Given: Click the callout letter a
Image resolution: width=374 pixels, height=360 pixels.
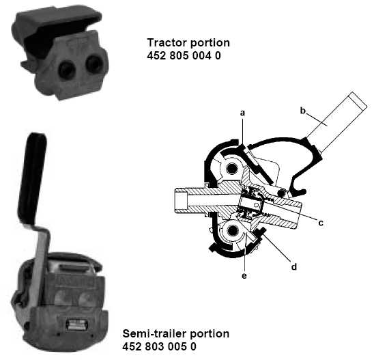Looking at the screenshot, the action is (x=242, y=113).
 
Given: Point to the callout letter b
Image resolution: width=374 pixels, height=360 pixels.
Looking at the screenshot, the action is (x=303, y=111).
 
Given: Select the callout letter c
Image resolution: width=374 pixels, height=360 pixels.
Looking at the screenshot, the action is (x=321, y=223).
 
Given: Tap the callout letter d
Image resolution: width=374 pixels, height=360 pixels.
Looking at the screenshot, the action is (x=294, y=266).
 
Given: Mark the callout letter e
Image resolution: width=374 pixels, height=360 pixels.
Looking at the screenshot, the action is (x=244, y=276).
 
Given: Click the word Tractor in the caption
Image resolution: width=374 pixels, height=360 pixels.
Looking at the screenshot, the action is (x=167, y=43).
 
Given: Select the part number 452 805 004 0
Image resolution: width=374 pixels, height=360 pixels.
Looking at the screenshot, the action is (x=184, y=55).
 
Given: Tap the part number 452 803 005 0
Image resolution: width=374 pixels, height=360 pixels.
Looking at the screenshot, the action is (x=159, y=346).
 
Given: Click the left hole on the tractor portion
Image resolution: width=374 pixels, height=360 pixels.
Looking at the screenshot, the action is (x=67, y=69).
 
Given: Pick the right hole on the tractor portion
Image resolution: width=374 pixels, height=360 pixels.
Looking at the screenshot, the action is (x=94, y=64).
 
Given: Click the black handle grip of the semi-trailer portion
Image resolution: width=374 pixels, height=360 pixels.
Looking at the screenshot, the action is (x=33, y=178).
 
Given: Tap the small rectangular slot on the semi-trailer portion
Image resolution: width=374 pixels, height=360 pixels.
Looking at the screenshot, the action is (x=76, y=324).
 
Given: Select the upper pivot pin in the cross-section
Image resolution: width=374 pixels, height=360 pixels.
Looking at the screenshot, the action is (x=232, y=169).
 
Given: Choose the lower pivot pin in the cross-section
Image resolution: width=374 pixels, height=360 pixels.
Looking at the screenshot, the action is (x=232, y=230).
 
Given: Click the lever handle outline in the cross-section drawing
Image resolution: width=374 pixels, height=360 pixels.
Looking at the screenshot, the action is (x=336, y=122).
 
